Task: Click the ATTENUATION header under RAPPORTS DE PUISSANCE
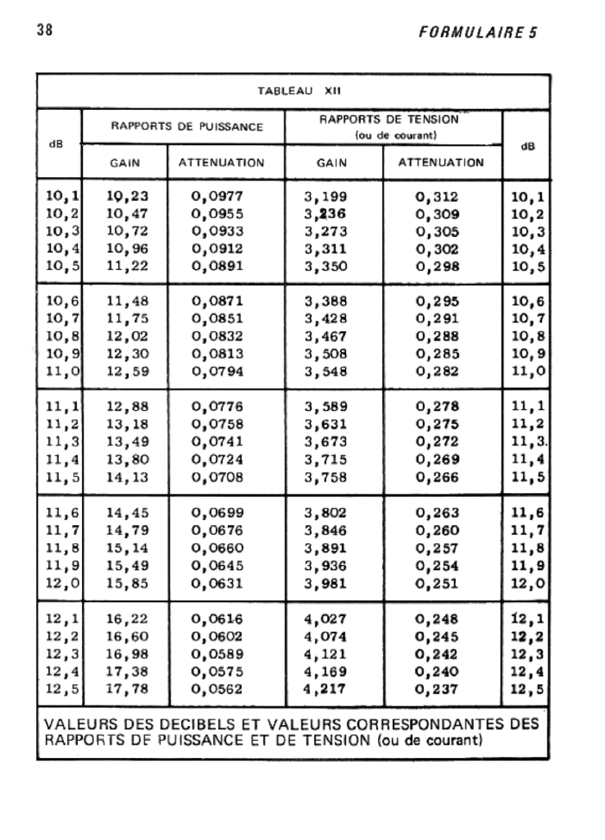point(221,162)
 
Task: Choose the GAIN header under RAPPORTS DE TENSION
point(332,162)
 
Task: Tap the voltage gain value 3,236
point(326,214)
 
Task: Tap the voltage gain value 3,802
point(326,514)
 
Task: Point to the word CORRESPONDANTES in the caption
point(430,725)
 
